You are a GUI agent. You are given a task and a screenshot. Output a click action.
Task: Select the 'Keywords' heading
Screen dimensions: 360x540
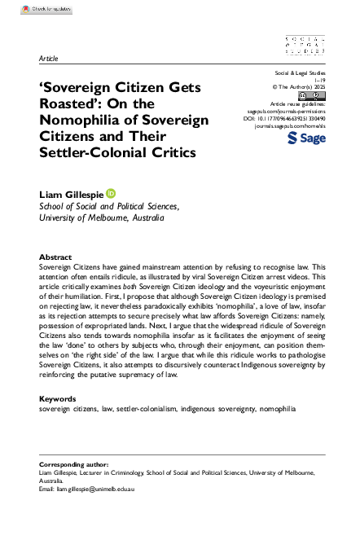[x=59, y=398]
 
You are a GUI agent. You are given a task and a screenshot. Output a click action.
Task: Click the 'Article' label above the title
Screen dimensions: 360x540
[x=47, y=59]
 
